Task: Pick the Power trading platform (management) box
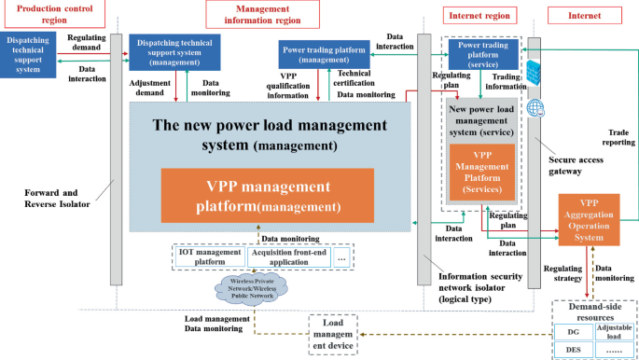pyautogui.click(x=324, y=55)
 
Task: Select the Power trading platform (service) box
pyautogui.click(x=481, y=54)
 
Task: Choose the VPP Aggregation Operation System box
pyautogui.click(x=588, y=220)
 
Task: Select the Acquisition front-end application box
pyautogui.click(x=288, y=256)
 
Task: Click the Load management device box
pyautogui.click(x=333, y=333)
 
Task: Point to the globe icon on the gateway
pyautogui.click(x=535, y=108)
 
